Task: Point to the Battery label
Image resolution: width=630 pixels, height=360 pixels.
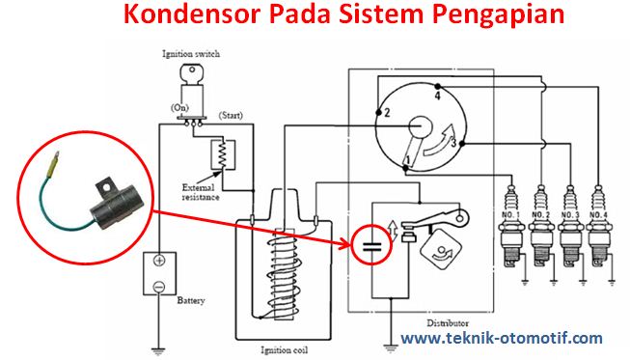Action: click(x=191, y=300)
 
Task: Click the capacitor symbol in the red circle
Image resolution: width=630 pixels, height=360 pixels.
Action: click(x=370, y=247)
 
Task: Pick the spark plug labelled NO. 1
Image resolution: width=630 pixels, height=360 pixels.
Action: click(x=513, y=232)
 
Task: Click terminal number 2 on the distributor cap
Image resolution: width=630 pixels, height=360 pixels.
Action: click(x=386, y=113)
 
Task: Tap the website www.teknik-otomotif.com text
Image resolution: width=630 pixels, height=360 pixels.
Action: click(x=502, y=339)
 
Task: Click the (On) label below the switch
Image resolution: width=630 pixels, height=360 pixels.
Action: click(x=180, y=108)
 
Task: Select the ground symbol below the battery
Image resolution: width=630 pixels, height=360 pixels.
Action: click(x=157, y=346)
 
